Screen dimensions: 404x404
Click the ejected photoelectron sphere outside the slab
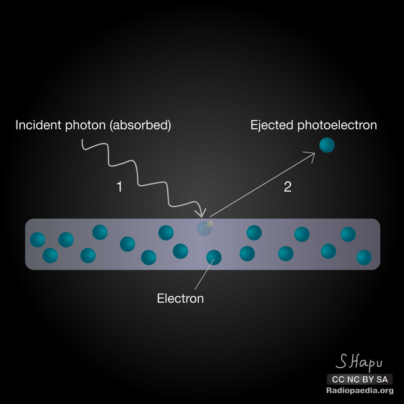pyautogui.click(x=327, y=145)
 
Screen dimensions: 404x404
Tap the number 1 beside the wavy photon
pyautogui.click(x=119, y=187)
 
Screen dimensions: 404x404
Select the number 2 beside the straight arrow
pyautogui.click(x=287, y=187)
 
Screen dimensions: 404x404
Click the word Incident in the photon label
pyautogui.click(x=37, y=125)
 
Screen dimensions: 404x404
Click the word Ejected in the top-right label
pyautogui.click(x=271, y=125)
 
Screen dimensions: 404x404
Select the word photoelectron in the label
pyautogui.click(x=337, y=126)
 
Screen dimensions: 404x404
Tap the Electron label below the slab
pyautogui.click(x=180, y=298)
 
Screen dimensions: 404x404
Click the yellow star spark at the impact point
pyautogui.click(x=209, y=223)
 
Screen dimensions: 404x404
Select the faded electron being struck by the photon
pyautogui.click(x=204, y=228)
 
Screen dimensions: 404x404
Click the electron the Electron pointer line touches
pyautogui.click(x=214, y=257)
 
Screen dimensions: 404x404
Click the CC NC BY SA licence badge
pyautogui.click(x=360, y=379)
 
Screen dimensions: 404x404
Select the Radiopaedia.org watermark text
pyautogui.click(x=360, y=391)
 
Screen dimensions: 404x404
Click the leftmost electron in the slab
pyautogui.click(x=38, y=240)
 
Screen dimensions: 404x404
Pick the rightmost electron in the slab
pyautogui.click(x=364, y=257)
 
